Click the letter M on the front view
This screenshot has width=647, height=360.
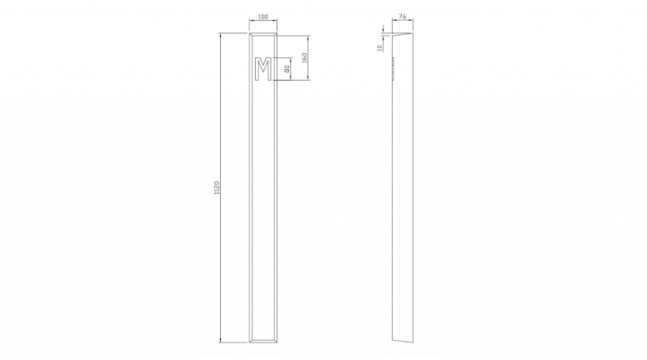(263, 70)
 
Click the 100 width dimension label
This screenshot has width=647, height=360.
(263, 17)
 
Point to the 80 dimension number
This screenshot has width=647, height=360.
(287, 69)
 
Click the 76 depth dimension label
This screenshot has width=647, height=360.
(403, 17)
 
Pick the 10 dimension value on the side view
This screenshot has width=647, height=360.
(380, 48)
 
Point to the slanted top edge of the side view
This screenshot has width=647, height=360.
(404, 34)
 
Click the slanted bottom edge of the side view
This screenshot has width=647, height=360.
(404, 342)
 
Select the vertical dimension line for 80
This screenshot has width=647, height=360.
(292, 70)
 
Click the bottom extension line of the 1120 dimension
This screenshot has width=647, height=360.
(234, 343)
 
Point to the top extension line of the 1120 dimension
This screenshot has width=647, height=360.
(234, 34)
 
